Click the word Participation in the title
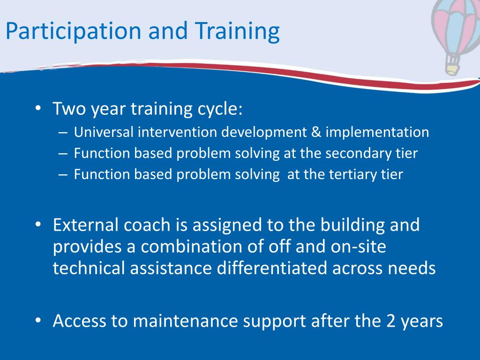73,32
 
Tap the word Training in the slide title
237,32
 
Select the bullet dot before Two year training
38,108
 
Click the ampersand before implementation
316,132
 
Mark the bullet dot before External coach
38,225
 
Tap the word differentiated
272,268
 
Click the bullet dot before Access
38,321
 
